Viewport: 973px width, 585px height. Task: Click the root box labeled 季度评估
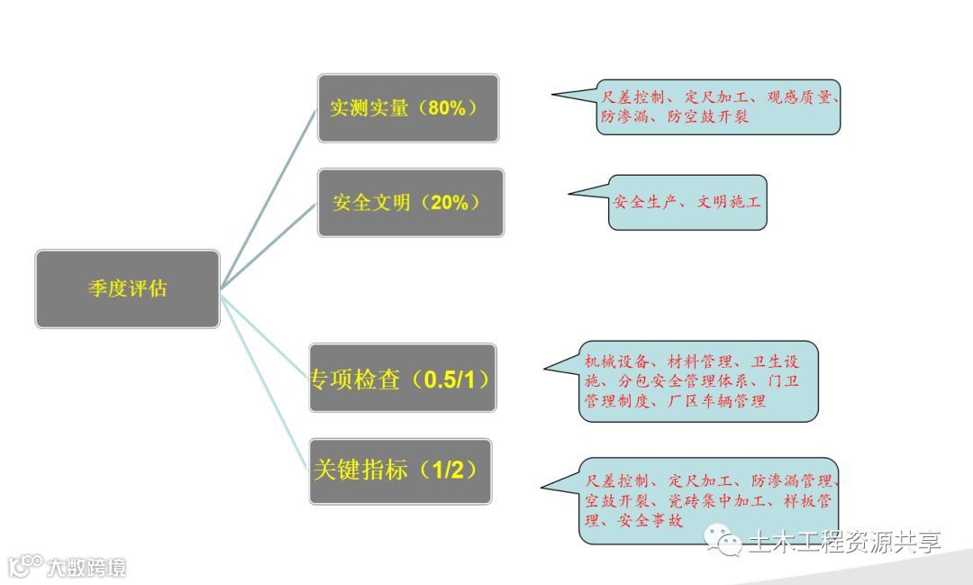[127, 288]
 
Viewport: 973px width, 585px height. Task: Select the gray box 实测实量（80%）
[407, 108]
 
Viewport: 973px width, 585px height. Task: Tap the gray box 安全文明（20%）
[410, 203]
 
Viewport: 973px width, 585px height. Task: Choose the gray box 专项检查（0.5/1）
[402, 379]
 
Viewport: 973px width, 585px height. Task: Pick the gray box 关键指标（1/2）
[400, 471]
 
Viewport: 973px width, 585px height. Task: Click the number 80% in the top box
[447, 108]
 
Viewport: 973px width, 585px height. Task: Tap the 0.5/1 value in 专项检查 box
[456, 379]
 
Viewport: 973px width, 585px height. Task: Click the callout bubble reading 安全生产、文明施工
[687, 202]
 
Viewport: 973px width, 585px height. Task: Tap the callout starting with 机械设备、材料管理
[697, 380]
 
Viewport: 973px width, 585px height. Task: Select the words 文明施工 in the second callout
[729, 202]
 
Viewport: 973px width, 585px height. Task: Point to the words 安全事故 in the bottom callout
[650, 520]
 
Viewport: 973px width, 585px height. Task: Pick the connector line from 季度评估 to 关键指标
[266, 379]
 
